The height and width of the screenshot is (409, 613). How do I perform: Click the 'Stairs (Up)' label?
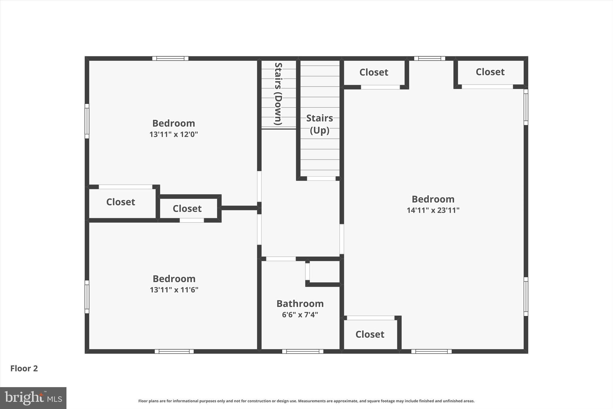pos(319,124)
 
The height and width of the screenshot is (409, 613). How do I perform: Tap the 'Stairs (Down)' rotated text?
pos(278,94)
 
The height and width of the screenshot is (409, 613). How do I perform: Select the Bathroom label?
pos(300,304)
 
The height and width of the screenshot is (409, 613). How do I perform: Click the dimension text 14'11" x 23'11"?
pos(433,210)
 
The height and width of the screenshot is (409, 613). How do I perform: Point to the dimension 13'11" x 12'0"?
pos(174,134)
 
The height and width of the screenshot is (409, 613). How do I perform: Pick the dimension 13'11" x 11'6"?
pos(174,290)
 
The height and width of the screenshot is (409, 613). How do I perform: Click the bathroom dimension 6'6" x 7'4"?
pos(300,315)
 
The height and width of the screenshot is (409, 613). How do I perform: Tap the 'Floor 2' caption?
pos(24,368)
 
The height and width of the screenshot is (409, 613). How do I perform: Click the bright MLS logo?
pos(33,398)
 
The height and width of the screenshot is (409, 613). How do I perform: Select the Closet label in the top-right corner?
pos(490,72)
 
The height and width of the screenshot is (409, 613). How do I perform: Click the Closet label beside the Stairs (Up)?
pos(374,72)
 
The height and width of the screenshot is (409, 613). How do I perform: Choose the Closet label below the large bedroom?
pos(370,334)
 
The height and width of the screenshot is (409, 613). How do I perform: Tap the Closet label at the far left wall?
pos(121,202)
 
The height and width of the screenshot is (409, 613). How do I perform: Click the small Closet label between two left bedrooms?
pos(187,209)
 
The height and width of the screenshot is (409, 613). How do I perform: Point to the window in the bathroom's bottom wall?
pos(303,351)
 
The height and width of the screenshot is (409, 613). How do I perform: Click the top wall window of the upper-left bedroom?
pos(170,58)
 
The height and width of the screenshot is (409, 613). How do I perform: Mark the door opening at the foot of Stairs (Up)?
pos(321,179)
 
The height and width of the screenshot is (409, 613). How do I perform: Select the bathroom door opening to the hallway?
pos(281,259)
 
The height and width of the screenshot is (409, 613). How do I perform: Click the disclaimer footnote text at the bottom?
pos(306,401)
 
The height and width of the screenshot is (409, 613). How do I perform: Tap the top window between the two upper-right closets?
pos(430,58)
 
